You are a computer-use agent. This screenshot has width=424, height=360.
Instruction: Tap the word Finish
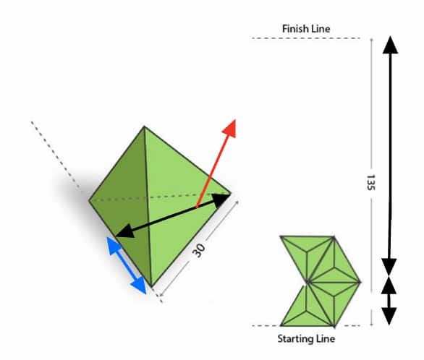(x=296, y=29)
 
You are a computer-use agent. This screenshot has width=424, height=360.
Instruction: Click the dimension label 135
(x=370, y=182)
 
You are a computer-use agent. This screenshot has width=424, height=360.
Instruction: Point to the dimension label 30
(x=199, y=250)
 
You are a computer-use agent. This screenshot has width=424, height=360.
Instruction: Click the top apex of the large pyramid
(x=144, y=126)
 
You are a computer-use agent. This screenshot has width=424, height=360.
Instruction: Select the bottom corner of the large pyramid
(x=151, y=287)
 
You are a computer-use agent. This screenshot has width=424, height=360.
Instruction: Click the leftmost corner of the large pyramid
(x=89, y=200)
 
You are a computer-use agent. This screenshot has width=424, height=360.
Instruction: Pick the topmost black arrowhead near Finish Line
(x=390, y=45)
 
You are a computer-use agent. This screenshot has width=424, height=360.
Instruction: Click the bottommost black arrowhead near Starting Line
(x=389, y=316)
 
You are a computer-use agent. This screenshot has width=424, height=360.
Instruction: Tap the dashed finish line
(x=305, y=38)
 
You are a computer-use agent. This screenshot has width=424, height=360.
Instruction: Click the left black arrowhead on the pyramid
(x=125, y=233)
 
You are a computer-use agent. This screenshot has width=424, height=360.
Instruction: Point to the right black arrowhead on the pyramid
(x=221, y=200)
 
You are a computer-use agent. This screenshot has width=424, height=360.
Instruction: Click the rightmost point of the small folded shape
(x=360, y=282)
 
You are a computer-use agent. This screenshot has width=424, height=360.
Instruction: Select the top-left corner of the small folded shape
(x=280, y=236)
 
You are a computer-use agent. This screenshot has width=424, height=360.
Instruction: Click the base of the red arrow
(x=197, y=207)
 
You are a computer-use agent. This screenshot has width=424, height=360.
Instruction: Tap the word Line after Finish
(x=321, y=29)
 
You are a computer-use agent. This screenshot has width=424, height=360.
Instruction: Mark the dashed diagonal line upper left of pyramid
(x=56, y=155)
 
